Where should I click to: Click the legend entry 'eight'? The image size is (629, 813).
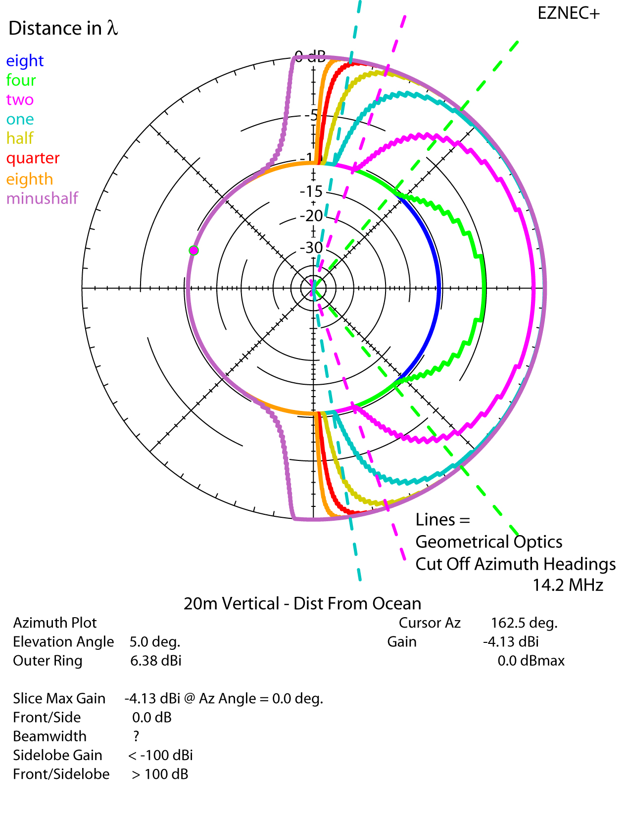click(x=25, y=61)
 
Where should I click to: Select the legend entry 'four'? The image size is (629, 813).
click(x=21, y=80)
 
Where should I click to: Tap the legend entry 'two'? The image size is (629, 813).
click(x=20, y=99)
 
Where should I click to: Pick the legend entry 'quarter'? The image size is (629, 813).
click(x=33, y=158)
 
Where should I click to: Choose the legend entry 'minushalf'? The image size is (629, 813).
click(x=42, y=198)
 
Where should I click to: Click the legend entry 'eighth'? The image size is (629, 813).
click(x=29, y=179)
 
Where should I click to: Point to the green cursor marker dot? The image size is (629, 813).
click(x=194, y=250)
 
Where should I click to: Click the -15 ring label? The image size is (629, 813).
click(x=312, y=191)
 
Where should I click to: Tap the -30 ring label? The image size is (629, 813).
click(x=312, y=247)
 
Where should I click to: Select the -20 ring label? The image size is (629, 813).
click(x=312, y=216)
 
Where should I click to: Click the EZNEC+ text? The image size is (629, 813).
click(x=568, y=13)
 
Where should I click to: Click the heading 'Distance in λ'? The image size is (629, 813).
click(x=63, y=28)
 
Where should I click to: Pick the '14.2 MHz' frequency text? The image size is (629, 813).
click(x=568, y=585)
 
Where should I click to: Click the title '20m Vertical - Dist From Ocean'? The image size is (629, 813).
click(x=302, y=604)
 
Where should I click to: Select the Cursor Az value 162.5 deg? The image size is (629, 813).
click(x=524, y=623)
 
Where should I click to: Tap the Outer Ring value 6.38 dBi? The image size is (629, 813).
click(x=156, y=661)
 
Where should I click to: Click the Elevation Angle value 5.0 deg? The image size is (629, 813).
click(x=155, y=642)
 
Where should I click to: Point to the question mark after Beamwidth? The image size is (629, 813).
click(x=136, y=736)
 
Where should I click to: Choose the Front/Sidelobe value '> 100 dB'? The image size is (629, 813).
click(x=160, y=774)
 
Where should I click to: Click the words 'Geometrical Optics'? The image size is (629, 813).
click(x=488, y=542)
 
